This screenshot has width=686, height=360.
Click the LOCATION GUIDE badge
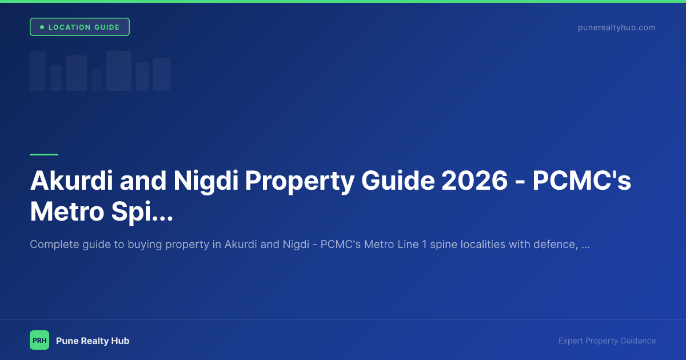pyautogui.click(x=79, y=27)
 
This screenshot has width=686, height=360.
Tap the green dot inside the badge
pyautogui.click(x=42, y=27)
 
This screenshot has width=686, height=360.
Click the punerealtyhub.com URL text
pyautogui.click(x=616, y=27)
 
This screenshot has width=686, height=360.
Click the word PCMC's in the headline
pyautogui.click(x=582, y=181)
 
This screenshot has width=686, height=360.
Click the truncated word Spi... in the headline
pyautogui.click(x=145, y=211)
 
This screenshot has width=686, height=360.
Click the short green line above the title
pyautogui.click(x=44, y=154)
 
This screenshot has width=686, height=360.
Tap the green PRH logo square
pyautogui.click(x=39, y=340)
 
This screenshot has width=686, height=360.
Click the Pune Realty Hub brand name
pyautogui.click(x=93, y=341)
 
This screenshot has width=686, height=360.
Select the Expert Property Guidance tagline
pyautogui.click(x=607, y=341)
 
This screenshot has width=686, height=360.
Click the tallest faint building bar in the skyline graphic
pyautogui.click(x=119, y=71)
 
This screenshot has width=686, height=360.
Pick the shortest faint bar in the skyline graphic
pyautogui.click(x=97, y=80)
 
